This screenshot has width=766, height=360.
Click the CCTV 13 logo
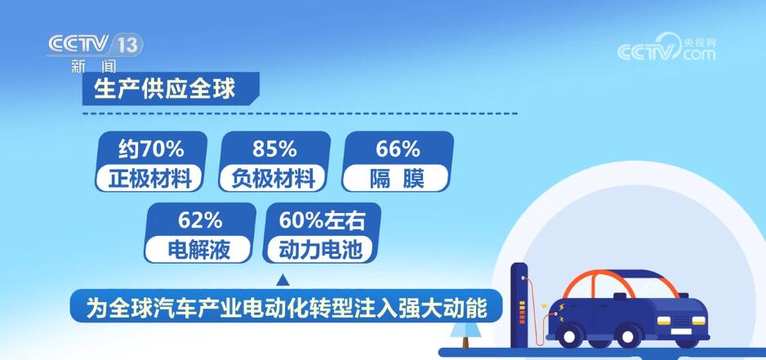pyautogui.click(x=96, y=46)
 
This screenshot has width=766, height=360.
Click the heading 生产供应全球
pyautogui.click(x=165, y=89)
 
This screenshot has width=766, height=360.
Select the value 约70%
pyautogui.click(x=151, y=149)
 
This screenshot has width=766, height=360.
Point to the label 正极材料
pyautogui.click(x=149, y=179)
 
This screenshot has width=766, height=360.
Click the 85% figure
pyautogui.click(x=274, y=149)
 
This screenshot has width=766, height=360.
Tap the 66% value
pyautogui.click(x=398, y=149)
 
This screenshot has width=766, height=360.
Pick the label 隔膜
pyautogui.click(x=397, y=179)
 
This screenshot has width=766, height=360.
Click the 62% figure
pyautogui.click(x=200, y=221)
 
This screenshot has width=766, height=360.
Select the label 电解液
pyautogui.click(x=198, y=250)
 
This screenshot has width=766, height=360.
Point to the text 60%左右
pyautogui.click(x=322, y=221)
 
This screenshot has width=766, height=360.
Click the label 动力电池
pyautogui.click(x=321, y=250)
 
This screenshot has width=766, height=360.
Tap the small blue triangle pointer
pyautogui.click(x=283, y=280)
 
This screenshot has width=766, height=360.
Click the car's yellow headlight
pyautogui.click(x=665, y=321)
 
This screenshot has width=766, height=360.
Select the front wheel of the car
pyautogui.click(x=628, y=336)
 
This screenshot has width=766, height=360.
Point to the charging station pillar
pyautogui.click(x=519, y=304)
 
